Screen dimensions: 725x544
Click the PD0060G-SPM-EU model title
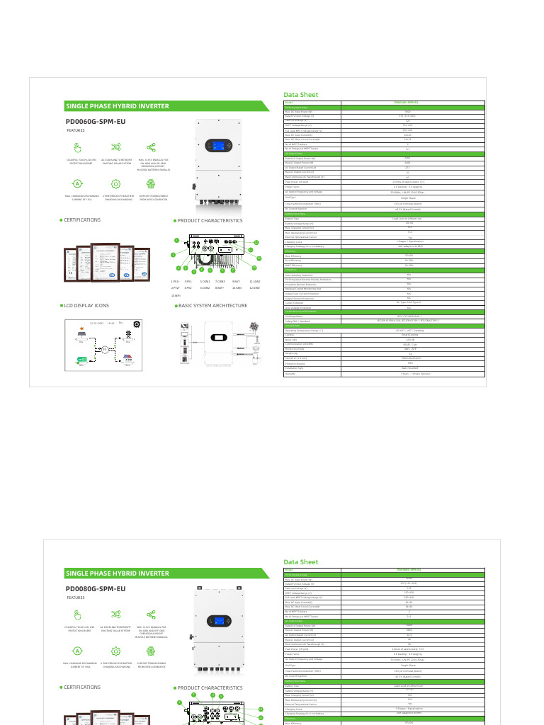click(x=96, y=122)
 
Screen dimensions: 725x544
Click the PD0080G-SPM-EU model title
click(x=96, y=589)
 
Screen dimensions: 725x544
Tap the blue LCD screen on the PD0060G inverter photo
click(x=215, y=146)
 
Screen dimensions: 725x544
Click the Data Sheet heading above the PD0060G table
click(x=300, y=94)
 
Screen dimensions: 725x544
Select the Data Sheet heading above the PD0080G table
click(x=300, y=562)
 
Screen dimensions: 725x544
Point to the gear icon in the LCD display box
click(x=137, y=324)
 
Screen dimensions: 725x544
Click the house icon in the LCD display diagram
click(x=128, y=358)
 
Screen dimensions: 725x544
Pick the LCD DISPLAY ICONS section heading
click(x=86, y=306)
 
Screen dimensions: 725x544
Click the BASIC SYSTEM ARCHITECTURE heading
click(x=212, y=306)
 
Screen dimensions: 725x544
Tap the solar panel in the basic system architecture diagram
click(x=253, y=329)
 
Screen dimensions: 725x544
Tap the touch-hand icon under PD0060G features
click(x=78, y=147)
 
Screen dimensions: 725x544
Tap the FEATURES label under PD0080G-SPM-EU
click(x=76, y=598)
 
